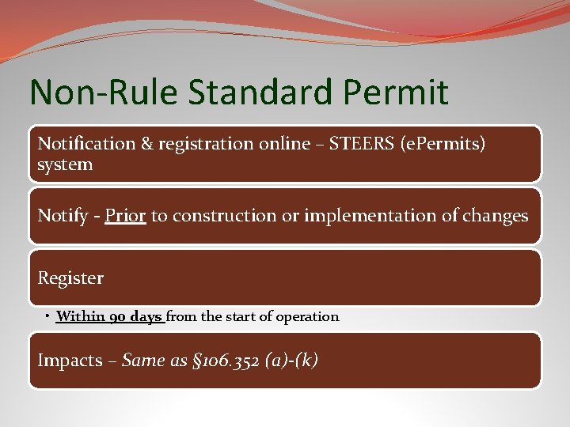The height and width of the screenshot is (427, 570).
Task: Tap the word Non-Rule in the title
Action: pos(104,93)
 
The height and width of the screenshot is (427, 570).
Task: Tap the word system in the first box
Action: pos(66,165)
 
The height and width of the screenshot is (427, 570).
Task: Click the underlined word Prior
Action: pos(125,216)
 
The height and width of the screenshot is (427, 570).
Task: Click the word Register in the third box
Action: pos(70,278)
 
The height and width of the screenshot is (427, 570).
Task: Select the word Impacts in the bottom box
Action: pos(70,361)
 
